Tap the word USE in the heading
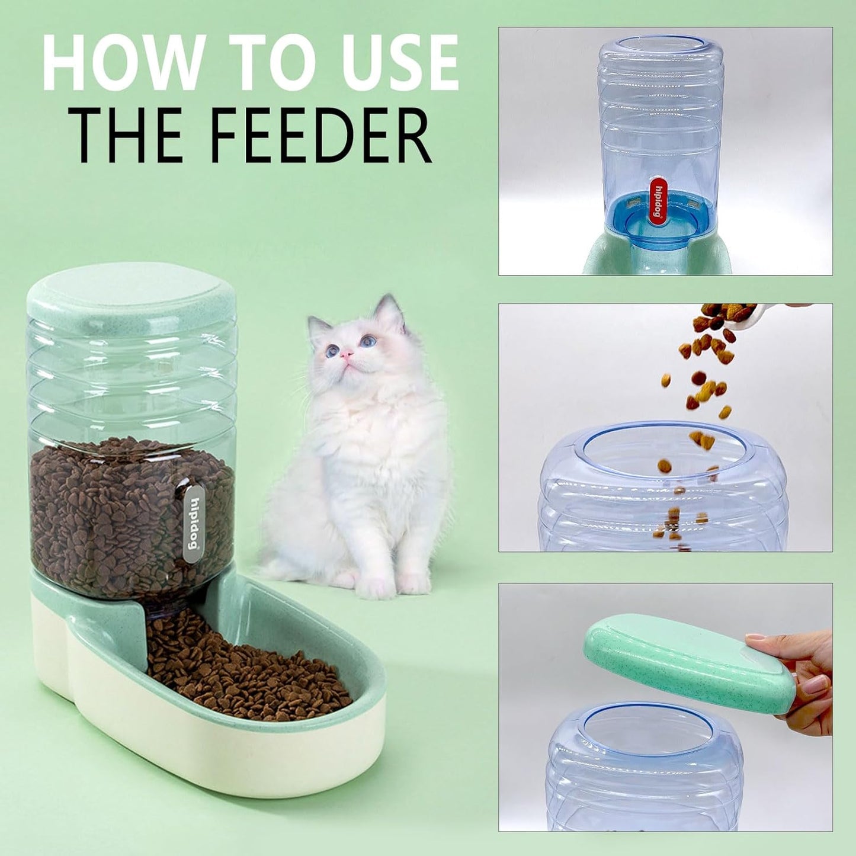pos(391,63)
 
